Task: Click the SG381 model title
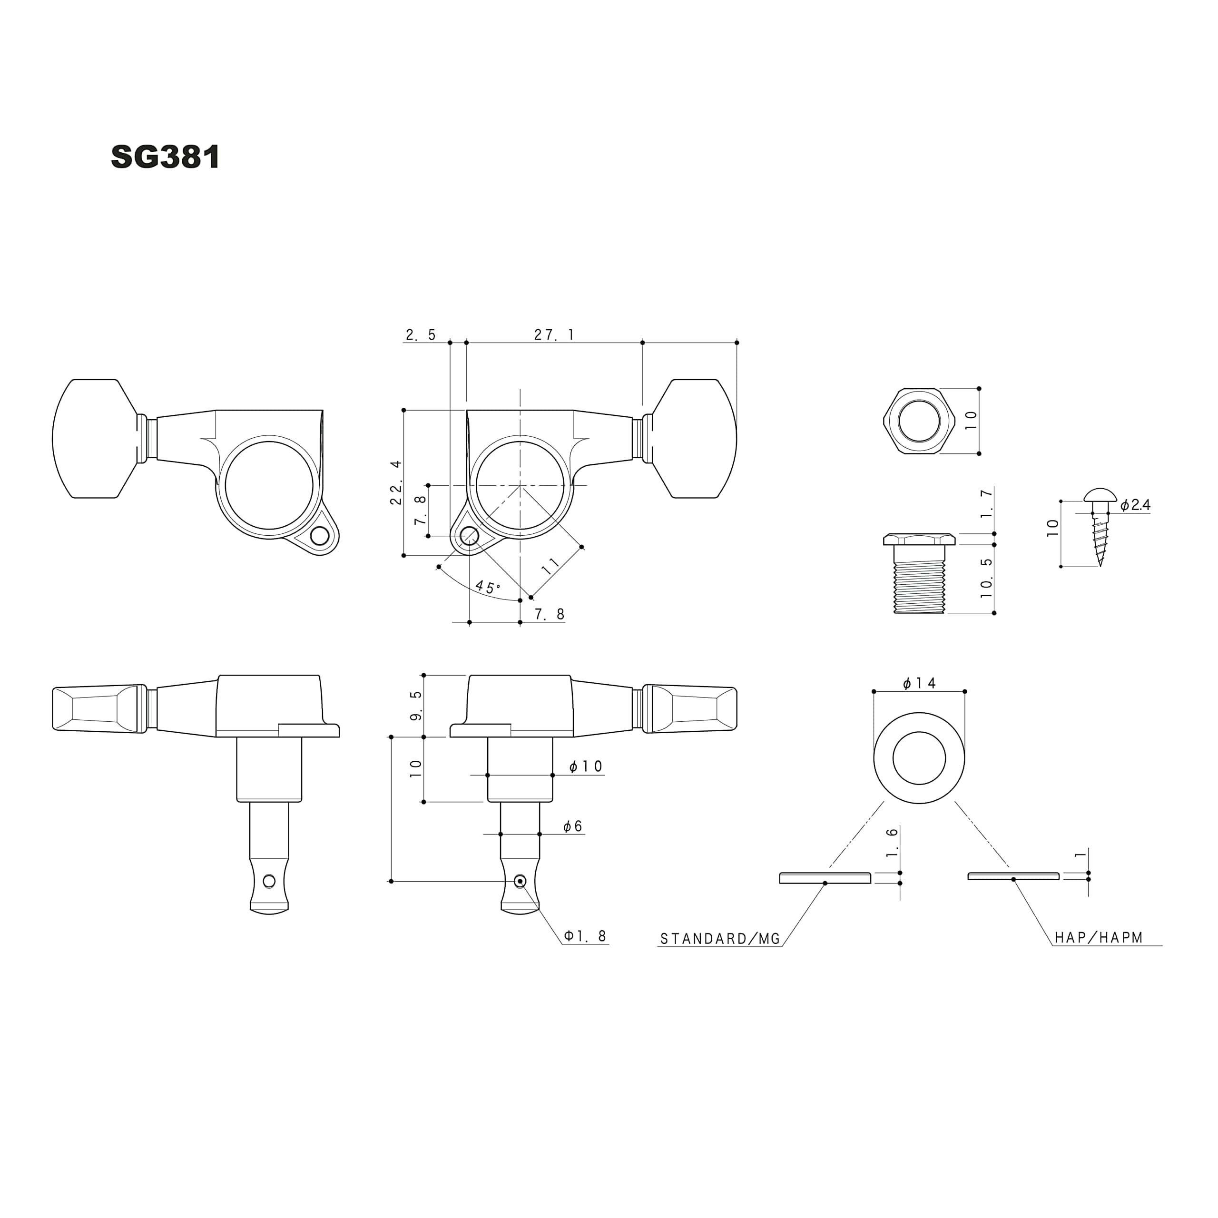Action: point(165,157)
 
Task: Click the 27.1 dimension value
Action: point(554,335)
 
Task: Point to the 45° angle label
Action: point(487,588)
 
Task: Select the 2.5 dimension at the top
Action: point(421,335)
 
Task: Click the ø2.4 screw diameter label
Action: point(1135,505)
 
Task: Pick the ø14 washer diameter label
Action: point(919,683)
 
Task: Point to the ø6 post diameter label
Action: point(572,826)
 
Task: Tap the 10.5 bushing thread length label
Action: point(987,578)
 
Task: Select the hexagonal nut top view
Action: point(919,421)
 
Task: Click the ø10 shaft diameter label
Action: point(586,766)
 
